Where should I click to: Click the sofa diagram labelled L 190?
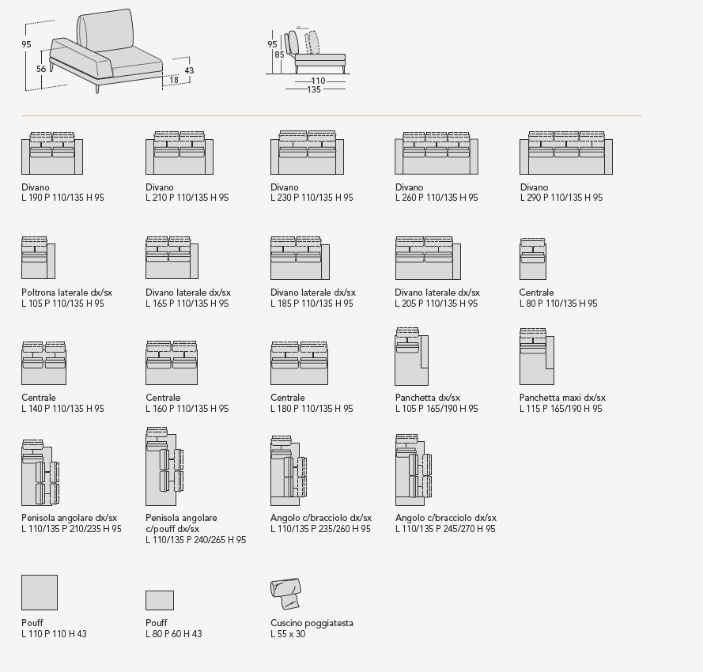coord(52,153)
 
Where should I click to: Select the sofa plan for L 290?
coord(566,153)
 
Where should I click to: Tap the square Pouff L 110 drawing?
coord(40,592)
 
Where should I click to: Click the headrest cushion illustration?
coord(285,591)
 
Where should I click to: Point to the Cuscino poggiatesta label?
coord(312,623)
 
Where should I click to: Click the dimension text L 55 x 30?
coord(288,634)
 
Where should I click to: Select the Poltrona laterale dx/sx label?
coord(67,293)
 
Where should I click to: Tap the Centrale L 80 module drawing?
coord(533,259)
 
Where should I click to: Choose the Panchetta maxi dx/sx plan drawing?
coord(536,357)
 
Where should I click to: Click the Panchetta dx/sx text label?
coord(428,398)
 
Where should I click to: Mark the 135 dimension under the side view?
coord(314,89)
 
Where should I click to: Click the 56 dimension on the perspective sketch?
coord(41,69)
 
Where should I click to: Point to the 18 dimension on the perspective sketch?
coord(173,80)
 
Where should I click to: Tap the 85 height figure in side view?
coord(279,55)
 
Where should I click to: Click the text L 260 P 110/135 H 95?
coord(437,198)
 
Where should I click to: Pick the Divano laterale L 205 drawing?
coord(427,258)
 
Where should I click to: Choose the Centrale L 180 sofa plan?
coord(299,363)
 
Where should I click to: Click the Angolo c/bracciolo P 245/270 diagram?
coord(414,470)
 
